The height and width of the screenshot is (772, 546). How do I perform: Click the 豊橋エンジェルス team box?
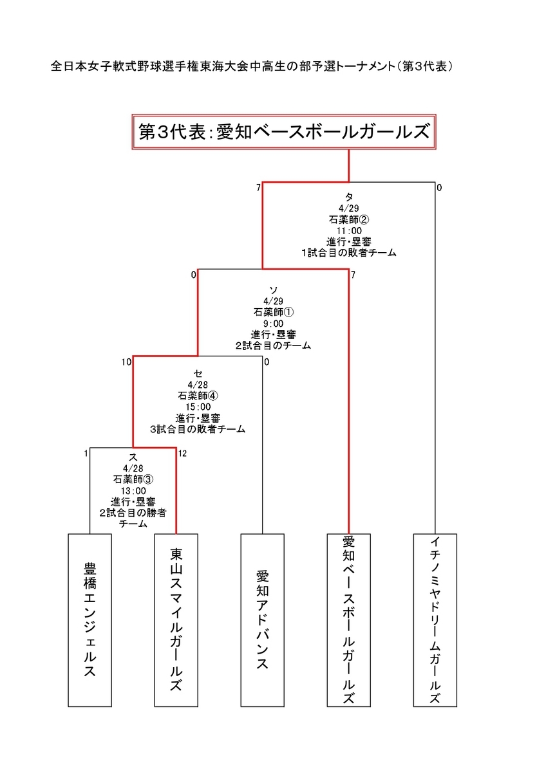coord(89,620)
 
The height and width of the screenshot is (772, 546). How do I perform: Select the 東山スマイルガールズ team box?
coord(176,620)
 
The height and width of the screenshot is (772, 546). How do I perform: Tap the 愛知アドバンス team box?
coord(263,620)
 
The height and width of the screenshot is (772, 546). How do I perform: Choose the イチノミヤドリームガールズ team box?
coord(435,620)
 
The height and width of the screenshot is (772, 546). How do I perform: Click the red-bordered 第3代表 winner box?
coord(284,132)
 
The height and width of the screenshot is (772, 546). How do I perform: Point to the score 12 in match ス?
coord(182,454)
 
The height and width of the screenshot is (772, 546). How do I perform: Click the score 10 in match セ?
coord(126,362)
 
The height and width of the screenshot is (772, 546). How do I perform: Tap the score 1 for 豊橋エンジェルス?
coord(86,454)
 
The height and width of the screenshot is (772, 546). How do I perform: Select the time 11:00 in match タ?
coord(349,230)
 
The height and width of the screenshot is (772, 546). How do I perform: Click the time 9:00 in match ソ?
coord(273,323)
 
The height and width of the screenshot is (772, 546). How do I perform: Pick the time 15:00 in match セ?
coord(198,407)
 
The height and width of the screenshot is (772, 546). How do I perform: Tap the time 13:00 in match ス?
coord(133,490)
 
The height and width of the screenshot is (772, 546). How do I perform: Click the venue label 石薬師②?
coord(349,219)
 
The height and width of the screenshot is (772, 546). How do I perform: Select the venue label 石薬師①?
coord(274,312)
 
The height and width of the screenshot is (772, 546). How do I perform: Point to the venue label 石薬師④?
coord(198,396)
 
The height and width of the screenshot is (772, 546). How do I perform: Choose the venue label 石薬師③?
coord(133,479)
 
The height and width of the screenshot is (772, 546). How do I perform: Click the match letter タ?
coord(349,197)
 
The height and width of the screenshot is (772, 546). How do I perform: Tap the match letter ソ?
coord(274,290)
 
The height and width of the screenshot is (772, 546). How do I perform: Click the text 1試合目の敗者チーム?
coord(349,253)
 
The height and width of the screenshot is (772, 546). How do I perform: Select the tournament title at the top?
coord(252,66)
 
